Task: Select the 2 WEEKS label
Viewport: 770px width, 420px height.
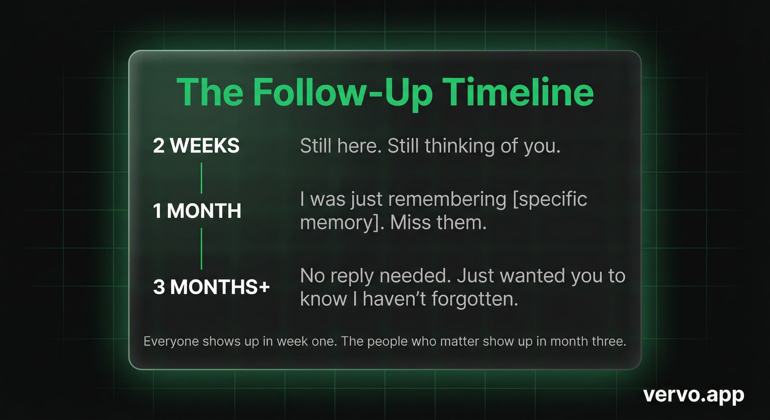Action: pos(196,145)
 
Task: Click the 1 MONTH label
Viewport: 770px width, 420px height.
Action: pos(197,211)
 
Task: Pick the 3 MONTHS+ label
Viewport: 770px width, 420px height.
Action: pos(211,287)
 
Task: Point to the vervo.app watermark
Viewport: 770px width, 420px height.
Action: pos(693,395)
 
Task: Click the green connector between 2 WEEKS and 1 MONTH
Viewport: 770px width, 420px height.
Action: pos(202,178)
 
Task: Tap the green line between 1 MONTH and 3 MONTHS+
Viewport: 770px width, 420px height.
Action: pos(202,249)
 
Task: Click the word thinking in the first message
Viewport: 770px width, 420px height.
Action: pos(459,147)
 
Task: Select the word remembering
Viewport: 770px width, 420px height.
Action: pos(447,199)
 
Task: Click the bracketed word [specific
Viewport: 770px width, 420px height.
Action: pos(550,200)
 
